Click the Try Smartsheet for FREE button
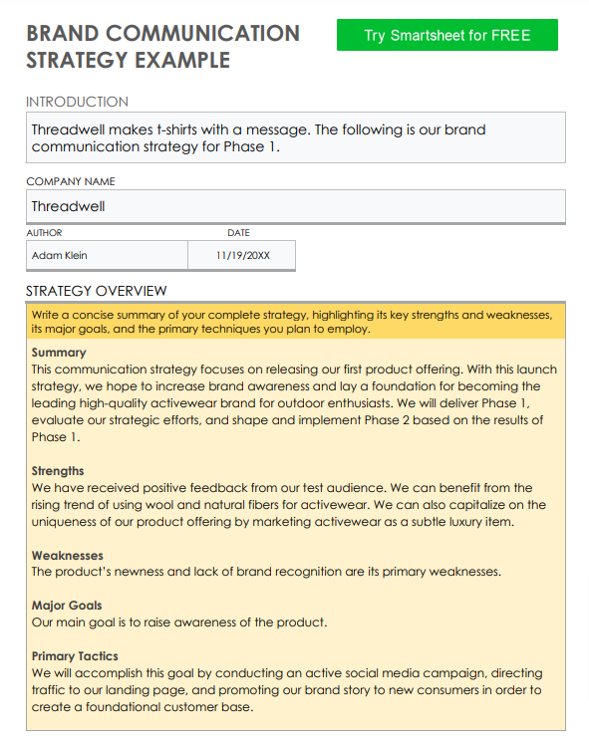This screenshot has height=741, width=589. coord(446,35)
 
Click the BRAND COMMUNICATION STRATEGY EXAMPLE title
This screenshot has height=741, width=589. coord(162,46)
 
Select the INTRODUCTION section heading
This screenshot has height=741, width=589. coord(77,102)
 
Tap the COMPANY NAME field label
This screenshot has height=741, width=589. coord(70,181)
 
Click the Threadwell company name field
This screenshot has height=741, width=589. coord(295,207)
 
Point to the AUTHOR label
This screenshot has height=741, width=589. coord(44,233)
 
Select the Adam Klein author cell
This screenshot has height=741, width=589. coord(107,256)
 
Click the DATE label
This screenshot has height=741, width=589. coord(238,233)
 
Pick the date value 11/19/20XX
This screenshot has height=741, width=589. coord(242,256)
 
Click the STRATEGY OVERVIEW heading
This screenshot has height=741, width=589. coord(96,291)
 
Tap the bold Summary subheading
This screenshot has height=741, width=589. coord(59,353)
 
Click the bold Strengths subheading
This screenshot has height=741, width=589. coord(58,471)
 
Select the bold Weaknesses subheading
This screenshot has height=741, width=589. coord(67,555)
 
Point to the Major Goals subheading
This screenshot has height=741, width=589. coord(67,606)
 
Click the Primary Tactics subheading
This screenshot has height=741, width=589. coord(75,656)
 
